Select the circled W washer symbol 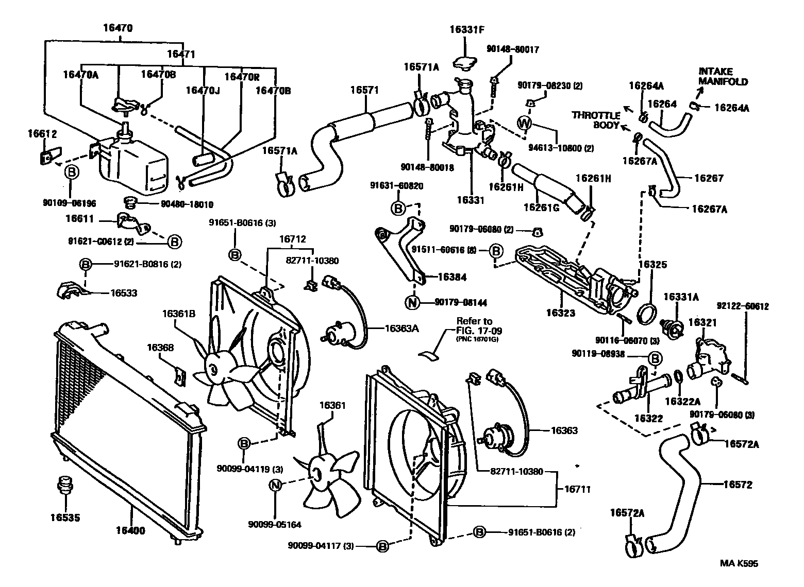[524, 123]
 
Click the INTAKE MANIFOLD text [723, 77]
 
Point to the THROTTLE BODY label [595, 120]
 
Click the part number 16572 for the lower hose [738, 485]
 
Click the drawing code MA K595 [739, 563]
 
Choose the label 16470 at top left [118, 29]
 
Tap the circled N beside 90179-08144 [413, 303]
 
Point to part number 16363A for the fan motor [401, 327]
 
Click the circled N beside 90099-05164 [276, 485]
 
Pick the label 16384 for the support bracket [451, 278]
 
